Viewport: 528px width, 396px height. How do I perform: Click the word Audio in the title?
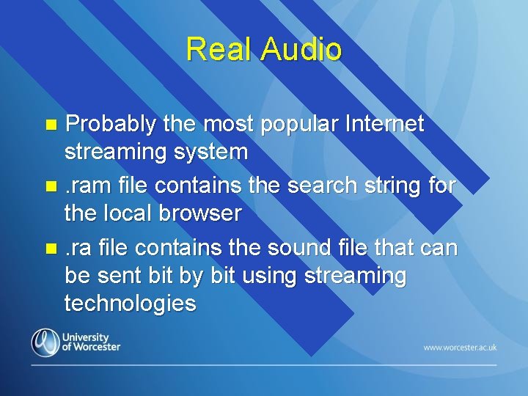tap(301, 50)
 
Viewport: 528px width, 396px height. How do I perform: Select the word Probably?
tap(111, 125)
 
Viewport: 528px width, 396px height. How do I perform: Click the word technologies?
tap(131, 303)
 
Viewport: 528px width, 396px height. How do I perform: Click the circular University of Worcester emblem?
tap(45, 342)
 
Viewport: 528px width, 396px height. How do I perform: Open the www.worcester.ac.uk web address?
tap(460, 347)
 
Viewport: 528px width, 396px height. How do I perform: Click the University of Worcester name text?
tap(91, 342)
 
